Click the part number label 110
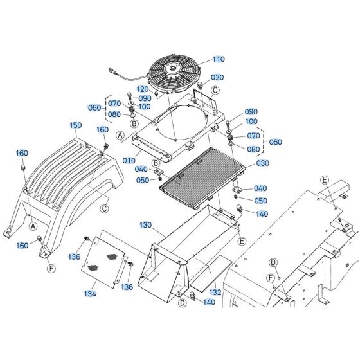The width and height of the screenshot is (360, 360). point(219,59)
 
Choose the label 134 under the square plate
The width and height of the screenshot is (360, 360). point(90,294)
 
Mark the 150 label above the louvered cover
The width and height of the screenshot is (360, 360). point(76,125)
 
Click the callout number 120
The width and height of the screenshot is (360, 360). point(143,89)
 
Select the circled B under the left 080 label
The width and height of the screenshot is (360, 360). point(134,122)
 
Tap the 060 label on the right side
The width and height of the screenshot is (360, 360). point(274,142)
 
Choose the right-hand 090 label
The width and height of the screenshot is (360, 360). point(251,111)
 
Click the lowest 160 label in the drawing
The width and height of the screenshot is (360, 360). point(22,245)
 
